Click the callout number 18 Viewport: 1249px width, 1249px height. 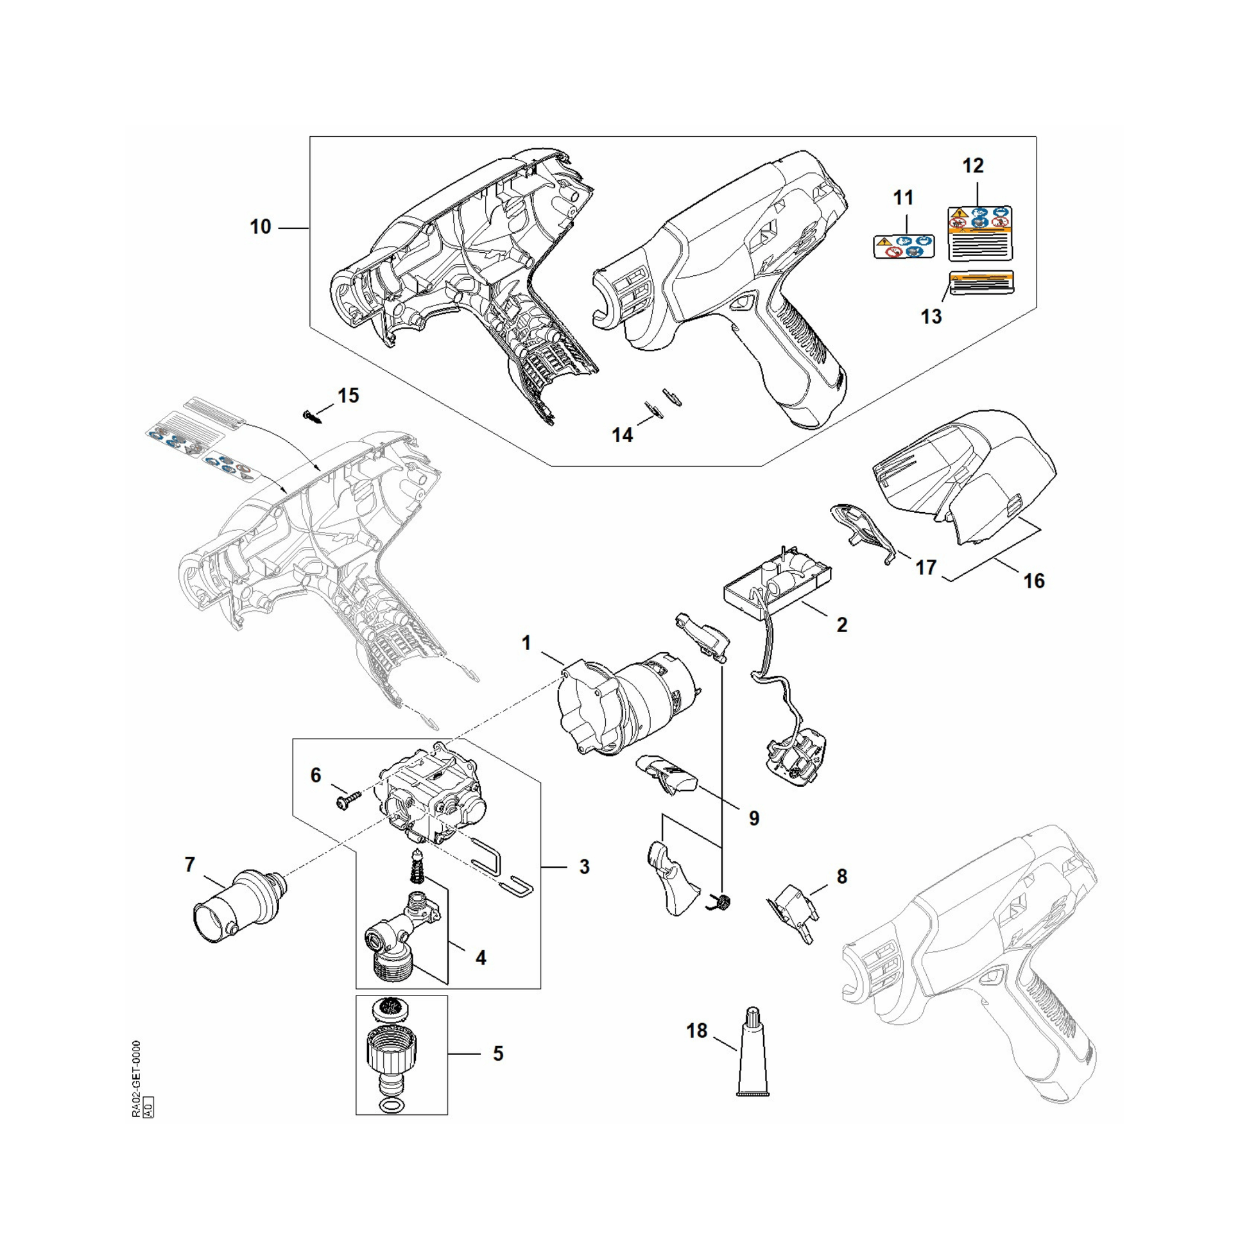(x=696, y=1031)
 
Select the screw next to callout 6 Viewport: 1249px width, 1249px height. (x=343, y=801)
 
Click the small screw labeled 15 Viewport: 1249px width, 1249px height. (x=311, y=416)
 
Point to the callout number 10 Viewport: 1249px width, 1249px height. (x=261, y=228)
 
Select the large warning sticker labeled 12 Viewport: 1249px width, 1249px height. (x=979, y=234)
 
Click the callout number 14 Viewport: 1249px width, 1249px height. (x=622, y=435)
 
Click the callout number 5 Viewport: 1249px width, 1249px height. (x=498, y=1054)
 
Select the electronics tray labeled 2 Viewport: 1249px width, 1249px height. (x=776, y=582)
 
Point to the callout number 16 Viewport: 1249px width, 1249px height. (x=1034, y=581)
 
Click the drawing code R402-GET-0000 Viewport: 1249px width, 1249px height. (x=135, y=1079)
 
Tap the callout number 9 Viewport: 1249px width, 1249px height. (x=754, y=818)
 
